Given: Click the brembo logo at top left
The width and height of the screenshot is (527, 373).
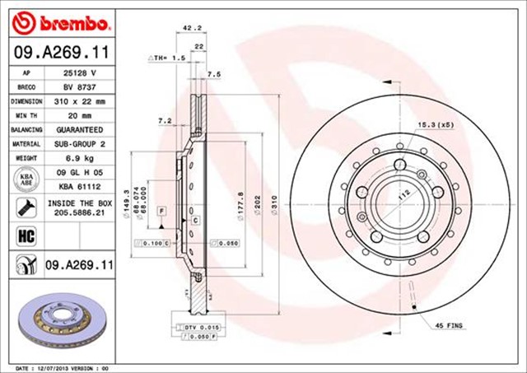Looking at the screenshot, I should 63,21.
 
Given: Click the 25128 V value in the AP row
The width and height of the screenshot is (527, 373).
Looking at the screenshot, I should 79,72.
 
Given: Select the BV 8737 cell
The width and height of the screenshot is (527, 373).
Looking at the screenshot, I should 79,86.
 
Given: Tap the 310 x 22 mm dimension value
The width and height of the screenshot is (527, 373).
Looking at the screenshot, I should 79,100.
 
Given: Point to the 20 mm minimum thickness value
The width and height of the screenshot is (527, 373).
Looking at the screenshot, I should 79,115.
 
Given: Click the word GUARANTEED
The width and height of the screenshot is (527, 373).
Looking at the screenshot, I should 79,129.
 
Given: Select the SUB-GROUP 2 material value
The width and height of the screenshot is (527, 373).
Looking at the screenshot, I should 79,144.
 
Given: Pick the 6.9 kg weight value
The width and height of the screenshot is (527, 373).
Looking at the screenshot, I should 79,158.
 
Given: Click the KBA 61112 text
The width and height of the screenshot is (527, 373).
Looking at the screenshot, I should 79,187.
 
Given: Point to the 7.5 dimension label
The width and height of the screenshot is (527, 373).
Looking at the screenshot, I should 215,75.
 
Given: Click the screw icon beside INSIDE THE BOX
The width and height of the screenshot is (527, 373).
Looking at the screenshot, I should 24,206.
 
